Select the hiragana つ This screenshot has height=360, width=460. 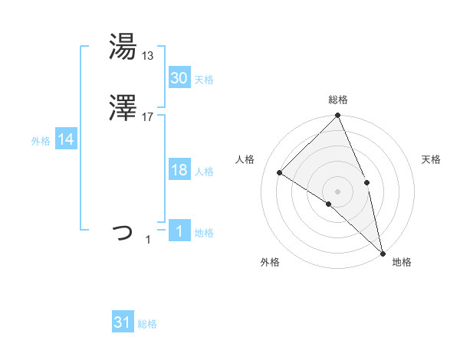tap(123, 231)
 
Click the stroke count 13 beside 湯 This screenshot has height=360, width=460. tap(148, 55)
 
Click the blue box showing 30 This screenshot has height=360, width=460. tap(179, 78)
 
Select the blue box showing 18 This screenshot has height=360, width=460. tap(179, 170)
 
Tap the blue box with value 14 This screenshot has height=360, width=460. tap(65, 139)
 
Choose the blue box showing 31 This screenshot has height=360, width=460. tap(123, 323)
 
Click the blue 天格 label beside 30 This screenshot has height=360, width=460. tap(204, 80)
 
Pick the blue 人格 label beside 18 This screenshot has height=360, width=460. tap(204, 172)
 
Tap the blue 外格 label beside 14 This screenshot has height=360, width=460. tap(41, 141)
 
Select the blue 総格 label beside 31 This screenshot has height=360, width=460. tap(147, 325)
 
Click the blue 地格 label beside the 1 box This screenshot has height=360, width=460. tap(204, 233)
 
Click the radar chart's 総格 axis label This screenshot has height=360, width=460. tap(338, 100)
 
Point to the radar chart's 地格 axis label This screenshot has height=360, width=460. tap(402, 263)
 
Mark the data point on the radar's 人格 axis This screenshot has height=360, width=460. tap(280, 173)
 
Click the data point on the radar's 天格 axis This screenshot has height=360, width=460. tap(366, 182)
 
